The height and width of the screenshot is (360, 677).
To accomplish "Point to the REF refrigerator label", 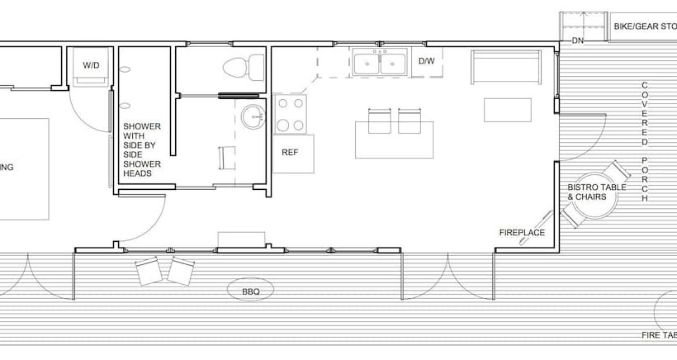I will [290, 153].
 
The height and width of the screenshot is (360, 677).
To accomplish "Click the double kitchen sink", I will [380, 63].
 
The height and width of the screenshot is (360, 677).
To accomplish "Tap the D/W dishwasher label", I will [426, 62].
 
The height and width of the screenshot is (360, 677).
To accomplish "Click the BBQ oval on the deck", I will [251, 291].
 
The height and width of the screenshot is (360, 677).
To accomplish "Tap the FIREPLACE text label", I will [521, 232].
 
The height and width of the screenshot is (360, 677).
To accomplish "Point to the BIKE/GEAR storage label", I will [644, 26].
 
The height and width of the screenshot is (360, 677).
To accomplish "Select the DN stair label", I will [578, 40].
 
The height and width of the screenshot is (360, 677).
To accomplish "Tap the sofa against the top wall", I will [505, 67].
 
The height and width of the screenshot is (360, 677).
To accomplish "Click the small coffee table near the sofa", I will [507, 110].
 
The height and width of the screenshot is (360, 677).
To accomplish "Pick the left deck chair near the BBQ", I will [149, 270].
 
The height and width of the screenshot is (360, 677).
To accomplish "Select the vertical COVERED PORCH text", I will [644, 142].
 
